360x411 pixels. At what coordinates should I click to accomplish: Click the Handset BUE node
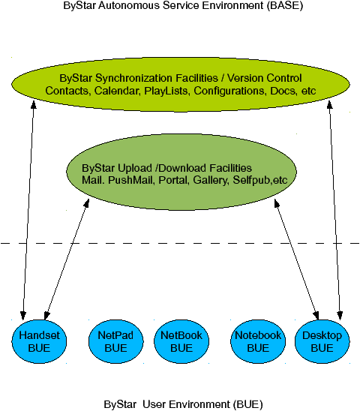(x=39, y=341)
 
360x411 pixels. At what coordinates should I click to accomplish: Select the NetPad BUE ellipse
(x=116, y=341)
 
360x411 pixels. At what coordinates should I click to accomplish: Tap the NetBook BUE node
(x=181, y=341)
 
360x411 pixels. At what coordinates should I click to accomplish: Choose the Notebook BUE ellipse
(x=258, y=341)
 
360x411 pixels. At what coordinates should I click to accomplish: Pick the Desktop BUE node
(x=322, y=341)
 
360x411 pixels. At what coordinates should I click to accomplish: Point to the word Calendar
(x=116, y=91)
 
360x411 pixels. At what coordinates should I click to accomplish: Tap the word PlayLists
(x=166, y=91)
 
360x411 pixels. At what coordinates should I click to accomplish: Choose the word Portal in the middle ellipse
(x=174, y=180)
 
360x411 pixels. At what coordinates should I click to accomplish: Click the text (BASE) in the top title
(x=285, y=6)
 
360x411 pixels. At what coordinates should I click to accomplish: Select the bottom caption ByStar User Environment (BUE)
(x=183, y=404)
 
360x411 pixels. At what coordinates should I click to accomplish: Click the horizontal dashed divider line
(x=180, y=243)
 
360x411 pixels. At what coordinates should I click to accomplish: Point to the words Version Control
(x=264, y=78)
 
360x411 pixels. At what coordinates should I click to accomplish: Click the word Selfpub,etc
(x=260, y=180)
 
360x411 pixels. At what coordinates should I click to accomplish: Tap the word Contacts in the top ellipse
(x=67, y=91)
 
